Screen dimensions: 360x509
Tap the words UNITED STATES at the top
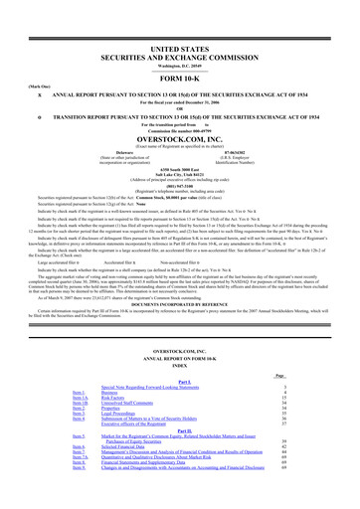[x=179, y=20]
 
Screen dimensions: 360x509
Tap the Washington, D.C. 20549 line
[x=179, y=38]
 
